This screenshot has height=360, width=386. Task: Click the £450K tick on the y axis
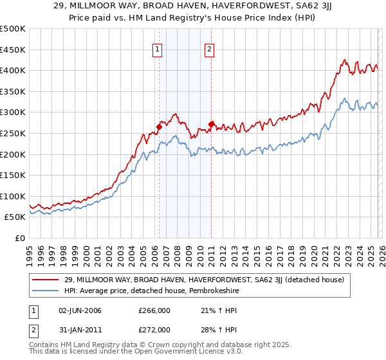tap(13, 50)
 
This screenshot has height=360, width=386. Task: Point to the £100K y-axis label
tap(13, 196)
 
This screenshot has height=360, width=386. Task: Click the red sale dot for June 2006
tap(159, 127)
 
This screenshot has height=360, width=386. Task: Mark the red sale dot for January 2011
tap(211, 124)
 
